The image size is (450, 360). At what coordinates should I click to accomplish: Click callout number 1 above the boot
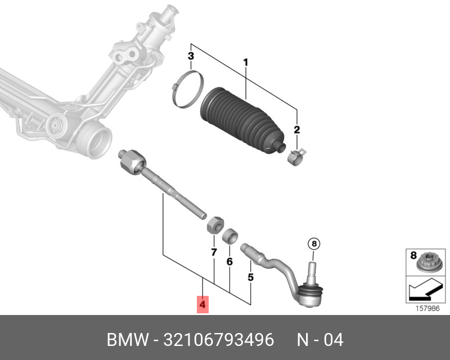245,62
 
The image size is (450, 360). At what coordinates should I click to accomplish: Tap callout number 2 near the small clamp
296,130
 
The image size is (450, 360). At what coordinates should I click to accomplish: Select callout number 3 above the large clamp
191,56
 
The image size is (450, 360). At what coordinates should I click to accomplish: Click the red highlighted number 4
202,305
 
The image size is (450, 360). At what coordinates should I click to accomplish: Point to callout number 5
251,277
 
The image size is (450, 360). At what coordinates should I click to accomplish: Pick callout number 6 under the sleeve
229,262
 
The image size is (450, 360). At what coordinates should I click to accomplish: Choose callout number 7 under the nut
214,253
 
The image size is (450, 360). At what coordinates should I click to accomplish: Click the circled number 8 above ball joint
313,244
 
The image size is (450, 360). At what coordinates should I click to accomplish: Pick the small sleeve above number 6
229,235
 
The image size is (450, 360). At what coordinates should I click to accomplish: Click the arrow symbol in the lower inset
424,290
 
